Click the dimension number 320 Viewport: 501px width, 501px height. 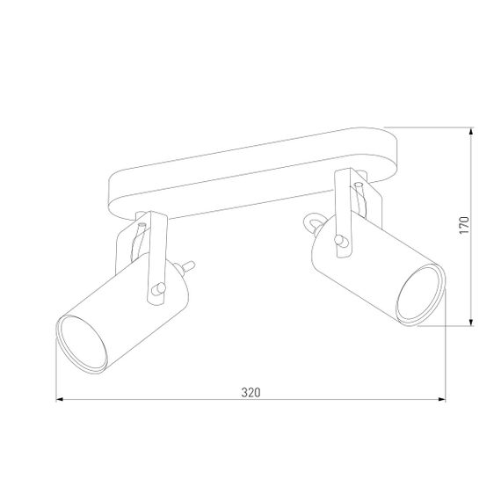250,391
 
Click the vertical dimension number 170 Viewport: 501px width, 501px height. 465,226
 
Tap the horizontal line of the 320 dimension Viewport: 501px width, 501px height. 176,401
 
